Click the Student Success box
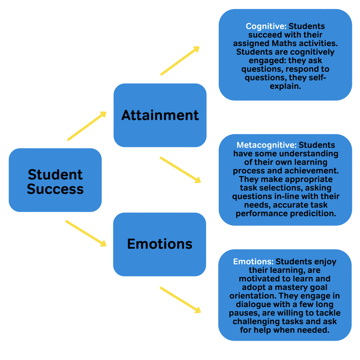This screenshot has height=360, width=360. click(x=55, y=180)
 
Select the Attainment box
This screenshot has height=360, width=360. click(x=160, y=115)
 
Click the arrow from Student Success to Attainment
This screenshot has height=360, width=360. click(x=87, y=126)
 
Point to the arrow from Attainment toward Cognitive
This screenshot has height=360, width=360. click(x=180, y=61)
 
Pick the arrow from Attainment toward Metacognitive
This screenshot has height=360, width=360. click(x=180, y=170)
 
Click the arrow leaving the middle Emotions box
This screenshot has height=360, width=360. click(x=180, y=300)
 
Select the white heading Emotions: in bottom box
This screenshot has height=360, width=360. click(x=253, y=261)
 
